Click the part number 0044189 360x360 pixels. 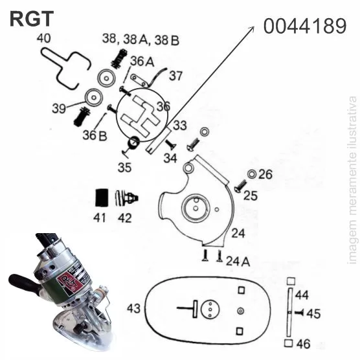click(x=305, y=26)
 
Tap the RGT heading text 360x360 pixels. click(x=32, y=19)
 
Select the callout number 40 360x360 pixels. click(x=43, y=38)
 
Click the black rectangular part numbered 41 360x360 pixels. click(x=102, y=197)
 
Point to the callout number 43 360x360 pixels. click(x=133, y=308)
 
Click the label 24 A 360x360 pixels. click(x=238, y=262)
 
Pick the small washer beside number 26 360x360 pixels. click(x=252, y=174)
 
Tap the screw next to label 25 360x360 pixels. click(x=240, y=186)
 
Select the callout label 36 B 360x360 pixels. click(x=95, y=135)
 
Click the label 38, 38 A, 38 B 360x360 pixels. click(x=141, y=39)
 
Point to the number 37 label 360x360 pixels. click(x=175, y=76)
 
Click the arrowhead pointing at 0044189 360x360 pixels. click(x=252, y=28)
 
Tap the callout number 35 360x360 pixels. click(x=125, y=167)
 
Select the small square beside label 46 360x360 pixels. click(x=289, y=343)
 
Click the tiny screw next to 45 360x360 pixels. click(x=299, y=313)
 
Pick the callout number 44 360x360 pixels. click(x=302, y=295)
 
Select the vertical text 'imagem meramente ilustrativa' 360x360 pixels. click(x=353, y=181)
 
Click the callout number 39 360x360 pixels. click(x=59, y=108)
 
